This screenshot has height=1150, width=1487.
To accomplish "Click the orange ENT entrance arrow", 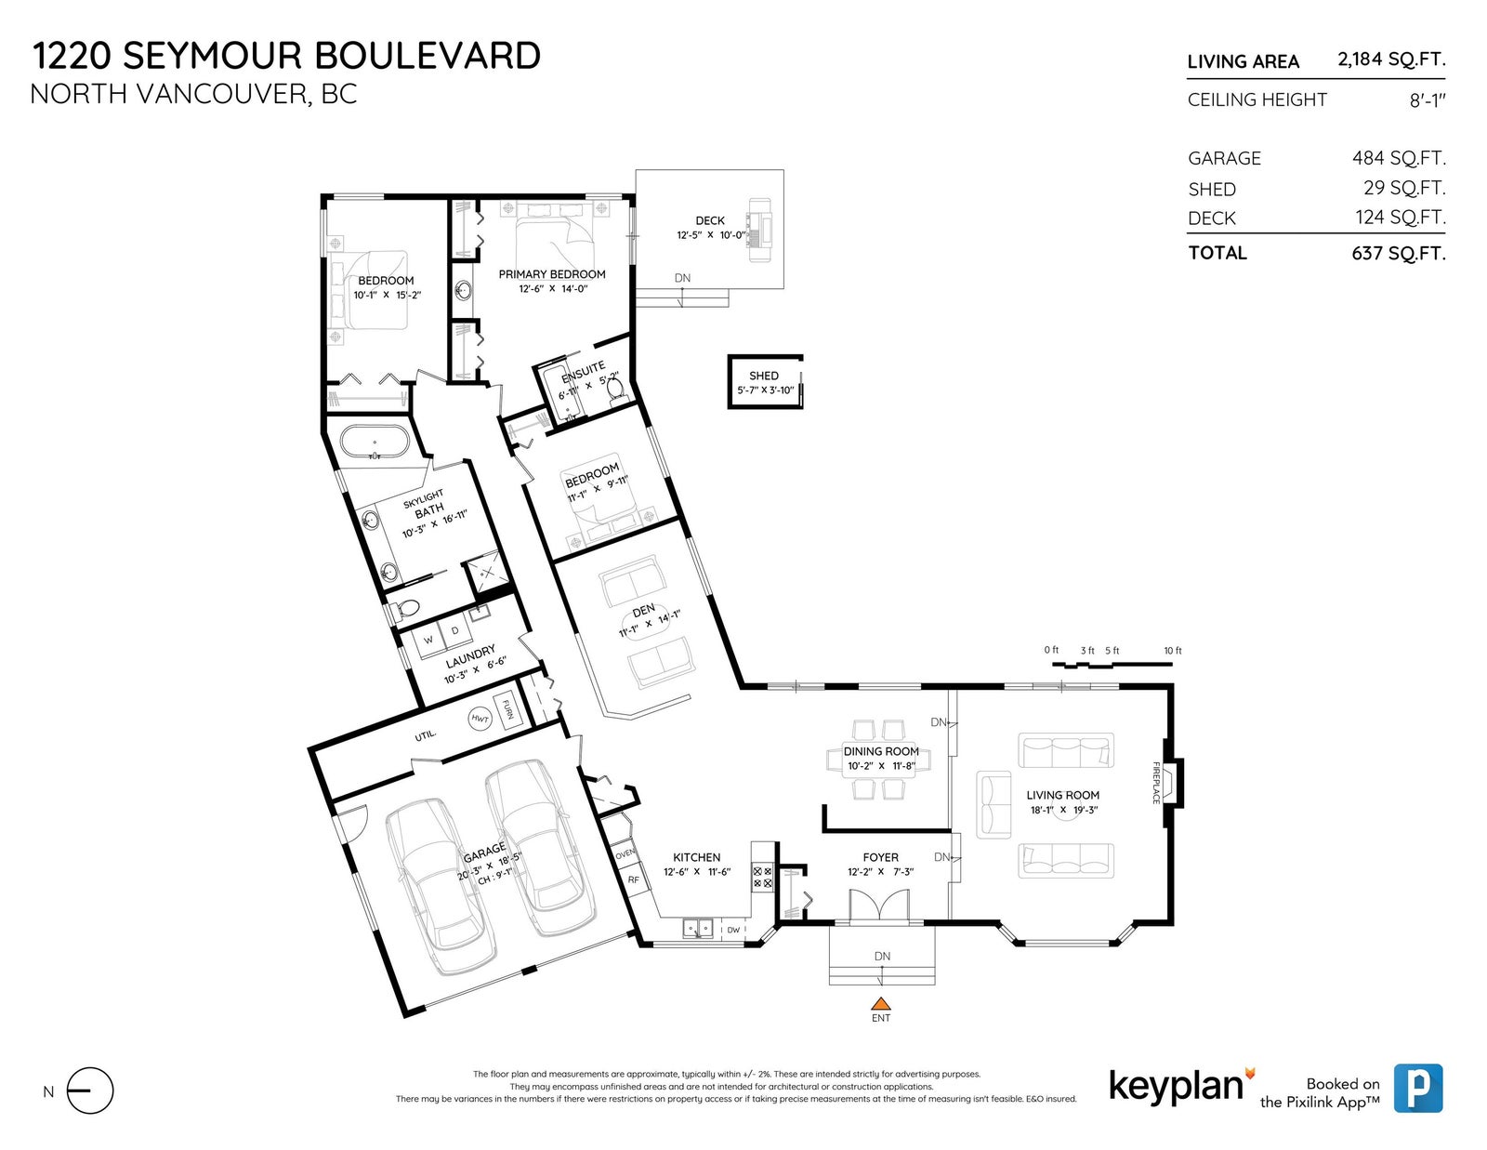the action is [881, 1004].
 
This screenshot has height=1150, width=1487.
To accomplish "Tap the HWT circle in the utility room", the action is [480, 719].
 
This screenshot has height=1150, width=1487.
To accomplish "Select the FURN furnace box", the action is [507, 709].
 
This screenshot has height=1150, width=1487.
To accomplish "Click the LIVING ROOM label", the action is [1062, 795].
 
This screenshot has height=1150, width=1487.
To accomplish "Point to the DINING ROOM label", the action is [881, 751].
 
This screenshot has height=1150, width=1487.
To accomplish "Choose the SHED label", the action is [764, 376].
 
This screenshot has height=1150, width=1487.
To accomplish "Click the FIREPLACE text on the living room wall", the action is [1156, 783].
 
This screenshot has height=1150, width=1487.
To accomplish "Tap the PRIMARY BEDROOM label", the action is [551, 274].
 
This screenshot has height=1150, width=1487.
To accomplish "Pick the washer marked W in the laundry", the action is [429, 640].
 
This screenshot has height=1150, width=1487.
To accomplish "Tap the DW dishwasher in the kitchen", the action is [733, 930].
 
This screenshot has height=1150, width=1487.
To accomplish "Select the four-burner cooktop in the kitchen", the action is [762, 878].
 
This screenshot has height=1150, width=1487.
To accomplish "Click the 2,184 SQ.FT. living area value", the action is [1392, 59].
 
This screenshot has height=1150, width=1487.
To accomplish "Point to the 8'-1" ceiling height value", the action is [1428, 100].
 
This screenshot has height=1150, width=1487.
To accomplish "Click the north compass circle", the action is [90, 1091].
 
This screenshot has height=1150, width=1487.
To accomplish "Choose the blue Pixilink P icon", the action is [1418, 1088].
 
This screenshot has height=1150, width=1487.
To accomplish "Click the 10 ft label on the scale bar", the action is [1172, 650].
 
